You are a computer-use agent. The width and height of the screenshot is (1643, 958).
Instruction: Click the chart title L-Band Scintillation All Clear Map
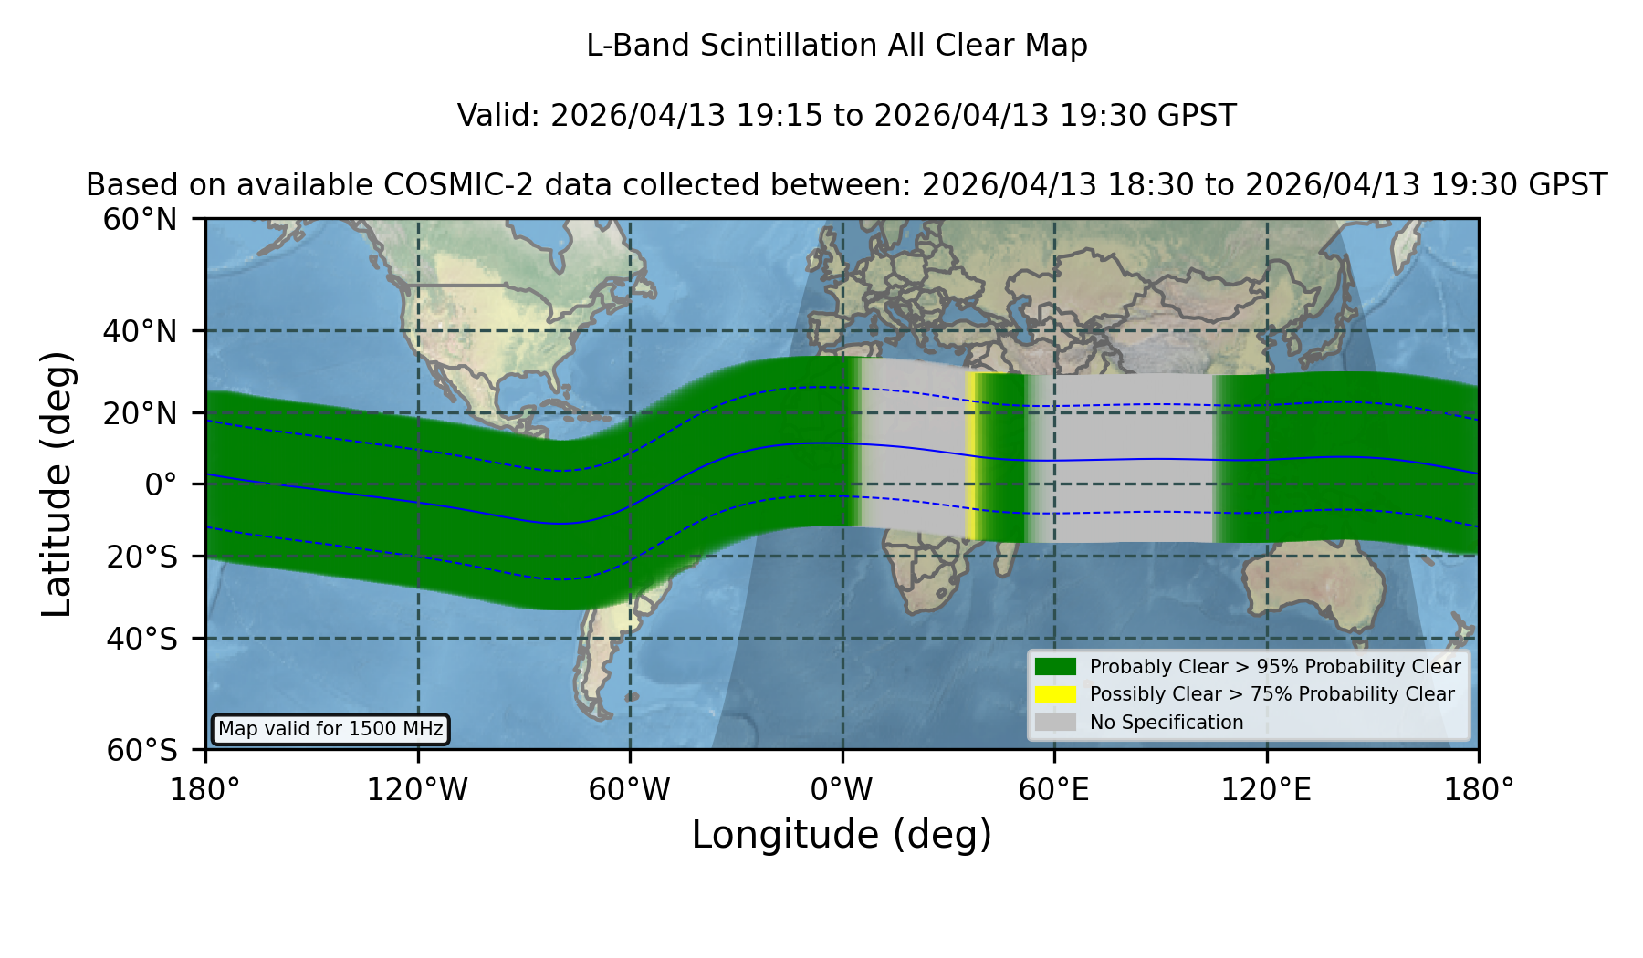837,46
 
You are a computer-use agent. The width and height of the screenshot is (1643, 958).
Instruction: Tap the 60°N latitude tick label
141,219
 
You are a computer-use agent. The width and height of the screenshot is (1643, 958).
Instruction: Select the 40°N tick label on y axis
141,331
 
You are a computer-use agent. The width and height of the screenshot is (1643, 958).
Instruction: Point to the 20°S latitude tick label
142,556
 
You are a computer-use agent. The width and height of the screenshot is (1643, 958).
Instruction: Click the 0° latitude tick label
161,484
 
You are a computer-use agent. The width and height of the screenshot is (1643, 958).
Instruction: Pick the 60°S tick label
142,750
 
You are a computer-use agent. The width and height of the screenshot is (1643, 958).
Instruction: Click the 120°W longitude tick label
417,789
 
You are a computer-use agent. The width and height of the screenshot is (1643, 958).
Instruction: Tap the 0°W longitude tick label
842,789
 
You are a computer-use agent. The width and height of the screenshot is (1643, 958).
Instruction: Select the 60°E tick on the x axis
1054,789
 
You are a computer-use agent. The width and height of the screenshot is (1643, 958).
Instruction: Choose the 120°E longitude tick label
1266,789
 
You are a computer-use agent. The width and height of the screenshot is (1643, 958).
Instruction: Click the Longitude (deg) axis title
842,835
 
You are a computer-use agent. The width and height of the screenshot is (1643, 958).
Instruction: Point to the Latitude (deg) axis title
58,484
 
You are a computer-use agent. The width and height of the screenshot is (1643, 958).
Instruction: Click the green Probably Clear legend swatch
1055,667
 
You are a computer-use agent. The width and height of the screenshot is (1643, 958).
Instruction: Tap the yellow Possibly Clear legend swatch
1055,694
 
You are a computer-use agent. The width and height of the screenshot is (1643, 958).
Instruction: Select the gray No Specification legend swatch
1055,723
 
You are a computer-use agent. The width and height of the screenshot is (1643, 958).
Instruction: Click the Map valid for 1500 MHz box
330,729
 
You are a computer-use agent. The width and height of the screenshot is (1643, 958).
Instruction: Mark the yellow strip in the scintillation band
972,456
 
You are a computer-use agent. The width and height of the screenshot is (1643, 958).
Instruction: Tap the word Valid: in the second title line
499,116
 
